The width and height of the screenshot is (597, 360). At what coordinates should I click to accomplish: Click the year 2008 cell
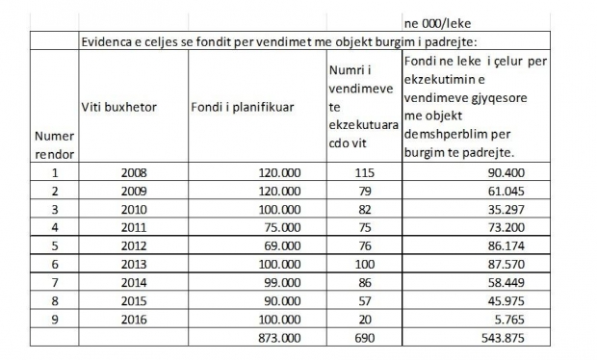pos(134,172)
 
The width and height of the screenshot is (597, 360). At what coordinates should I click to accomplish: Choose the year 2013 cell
pos(134,264)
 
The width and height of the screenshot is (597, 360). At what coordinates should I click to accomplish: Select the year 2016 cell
pos(134,319)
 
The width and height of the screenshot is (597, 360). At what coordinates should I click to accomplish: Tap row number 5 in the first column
pos(55,245)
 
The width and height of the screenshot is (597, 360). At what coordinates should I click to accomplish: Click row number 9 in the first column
pos(55,319)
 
